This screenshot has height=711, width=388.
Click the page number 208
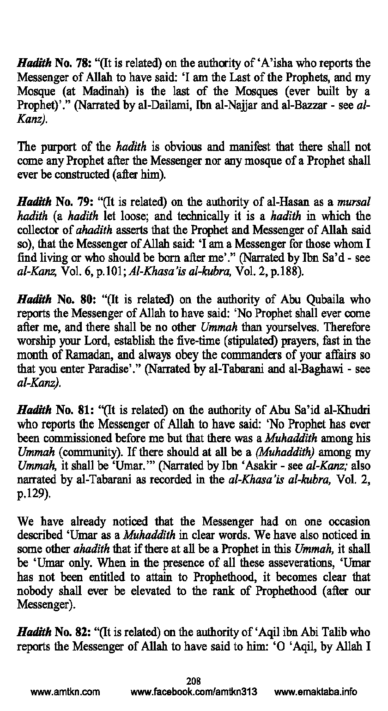tap(194, 680)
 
